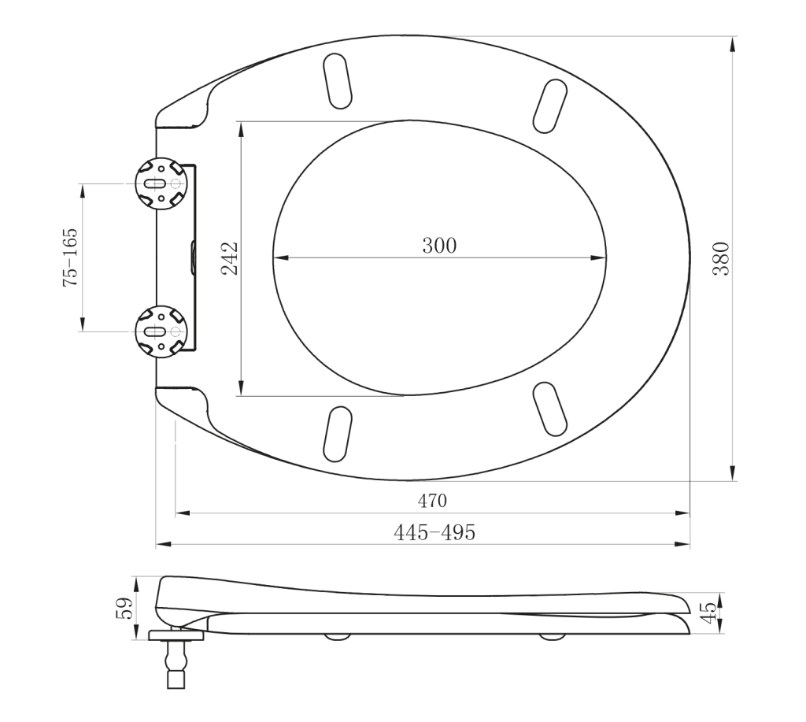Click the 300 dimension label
pyautogui.click(x=439, y=246)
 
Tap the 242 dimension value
pyautogui.click(x=230, y=258)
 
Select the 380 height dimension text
pyautogui.click(x=721, y=259)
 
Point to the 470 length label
pyautogui.click(x=432, y=500)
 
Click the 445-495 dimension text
pyautogui.click(x=434, y=533)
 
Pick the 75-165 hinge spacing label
pyautogui.click(x=70, y=257)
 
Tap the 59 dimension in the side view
pyautogui.click(x=125, y=608)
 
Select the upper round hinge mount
pyautogui.click(x=161, y=183)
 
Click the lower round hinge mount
pyautogui.click(x=161, y=331)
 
